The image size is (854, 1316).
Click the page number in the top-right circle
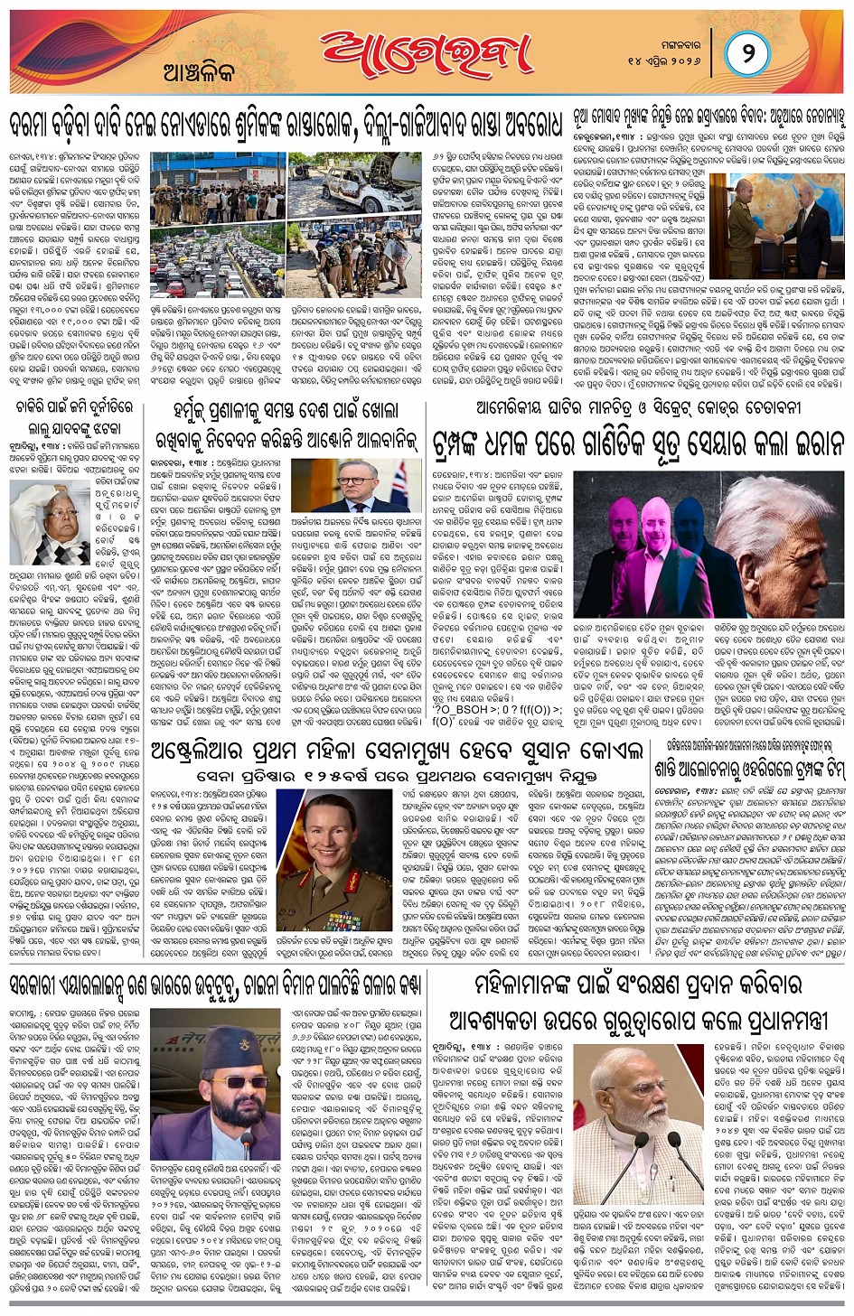coord(747,53)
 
